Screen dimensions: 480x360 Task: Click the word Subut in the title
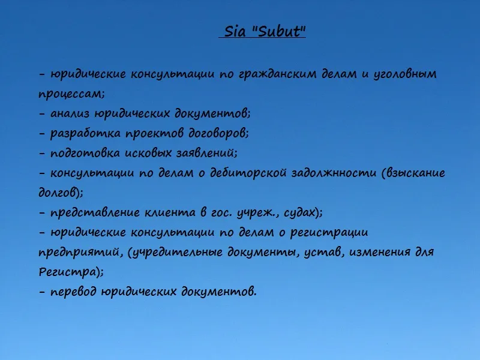tap(278, 31)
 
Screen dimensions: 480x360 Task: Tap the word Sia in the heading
tap(235, 31)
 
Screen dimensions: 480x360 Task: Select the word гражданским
tap(277, 74)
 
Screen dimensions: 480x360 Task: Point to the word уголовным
tap(404, 74)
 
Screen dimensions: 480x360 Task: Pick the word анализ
tap(70, 113)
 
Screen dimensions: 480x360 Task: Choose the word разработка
tap(85, 133)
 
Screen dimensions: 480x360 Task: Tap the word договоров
tap(217, 133)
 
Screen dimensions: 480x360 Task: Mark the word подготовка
tap(85, 153)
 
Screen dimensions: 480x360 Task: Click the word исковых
tap(148, 153)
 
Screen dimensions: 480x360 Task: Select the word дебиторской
tap(248, 173)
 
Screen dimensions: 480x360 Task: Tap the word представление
tap(95, 212)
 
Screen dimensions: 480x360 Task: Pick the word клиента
tap(170, 212)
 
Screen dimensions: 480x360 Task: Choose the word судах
tap(299, 212)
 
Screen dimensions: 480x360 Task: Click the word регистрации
tap(329, 233)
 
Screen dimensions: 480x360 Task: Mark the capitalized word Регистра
tap(67, 272)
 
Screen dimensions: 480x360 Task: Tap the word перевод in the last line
tap(73, 292)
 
